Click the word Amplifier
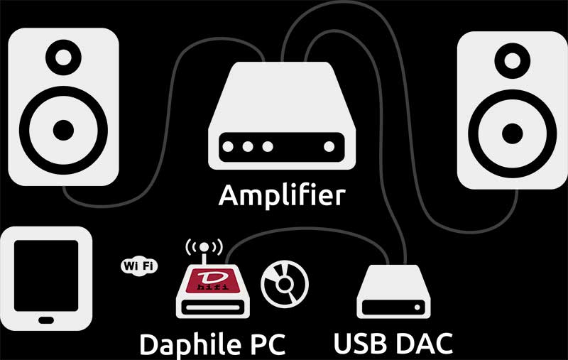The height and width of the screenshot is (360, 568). pyautogui.click(x=282, y=195)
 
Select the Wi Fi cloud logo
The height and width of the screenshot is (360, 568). pyautogui.click(x=139, y=266)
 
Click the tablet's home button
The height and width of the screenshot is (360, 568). pyautogui.click(x=46, y=320)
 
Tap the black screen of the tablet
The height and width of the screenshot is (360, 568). pyautogui.click(x=46, y=276)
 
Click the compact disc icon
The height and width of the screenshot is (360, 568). pyautogui.click(x=285, y=284)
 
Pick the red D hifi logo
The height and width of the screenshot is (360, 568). pyautogui.click(x=212, y=281)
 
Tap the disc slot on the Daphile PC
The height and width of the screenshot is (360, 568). pyautogui.click(x=212, y=308)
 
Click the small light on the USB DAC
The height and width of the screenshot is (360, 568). pyautogui.click(x=417, y=307)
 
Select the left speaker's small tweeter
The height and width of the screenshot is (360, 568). pyautogui.click(x=63, y=58)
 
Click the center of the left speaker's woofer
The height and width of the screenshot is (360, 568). pyautogui.click(x=63, y=131)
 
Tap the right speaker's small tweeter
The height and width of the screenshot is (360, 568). pyautogui.click(x=512, y=60)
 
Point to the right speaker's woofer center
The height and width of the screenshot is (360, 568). pyautogui.click(x=512, y=133)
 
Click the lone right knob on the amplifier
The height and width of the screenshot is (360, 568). pyautogui.click(x=329, y=147)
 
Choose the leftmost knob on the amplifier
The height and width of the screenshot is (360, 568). pyautogui.click(x=228, y=147)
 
